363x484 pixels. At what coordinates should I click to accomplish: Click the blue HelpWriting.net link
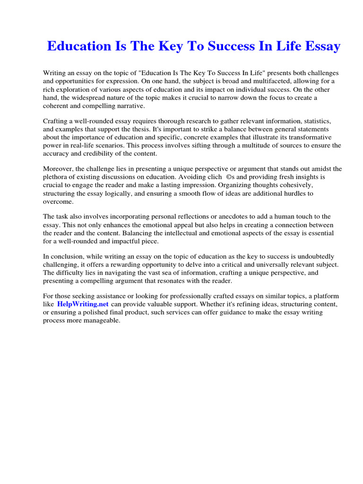point(83,304)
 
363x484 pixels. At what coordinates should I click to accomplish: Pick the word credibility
point(101,154)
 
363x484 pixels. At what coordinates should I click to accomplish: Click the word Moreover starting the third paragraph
point(58,169)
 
